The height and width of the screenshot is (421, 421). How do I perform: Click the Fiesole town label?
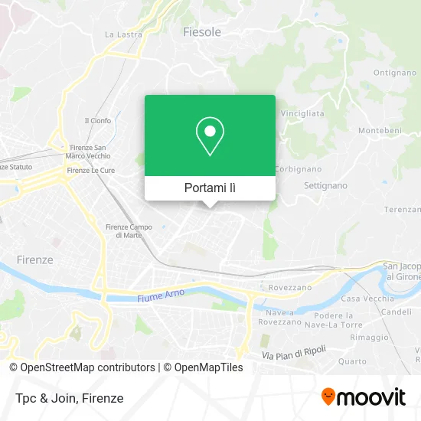tap(202, 32)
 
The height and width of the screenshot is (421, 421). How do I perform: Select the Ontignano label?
tap(394, 73)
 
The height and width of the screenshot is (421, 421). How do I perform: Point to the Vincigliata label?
tap(302, 113)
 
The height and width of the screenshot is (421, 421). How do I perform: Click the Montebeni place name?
tap(380, 131)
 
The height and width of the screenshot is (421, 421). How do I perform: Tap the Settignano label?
tap(325, 186)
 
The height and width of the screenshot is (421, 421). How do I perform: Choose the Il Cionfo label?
tap(97, 120)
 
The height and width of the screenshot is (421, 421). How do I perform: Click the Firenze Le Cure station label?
tap(90, 170)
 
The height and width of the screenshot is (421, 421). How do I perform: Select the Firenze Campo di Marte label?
tap(128, 230)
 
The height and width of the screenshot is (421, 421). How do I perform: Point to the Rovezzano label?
tap(289, 286)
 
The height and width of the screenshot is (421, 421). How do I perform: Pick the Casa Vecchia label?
tap(362, 299)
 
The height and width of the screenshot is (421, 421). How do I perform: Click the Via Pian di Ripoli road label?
tap(294, 354)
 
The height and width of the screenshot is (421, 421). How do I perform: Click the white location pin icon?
tap(210, 136)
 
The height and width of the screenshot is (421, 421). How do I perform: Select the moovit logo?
tap(363, 397)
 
